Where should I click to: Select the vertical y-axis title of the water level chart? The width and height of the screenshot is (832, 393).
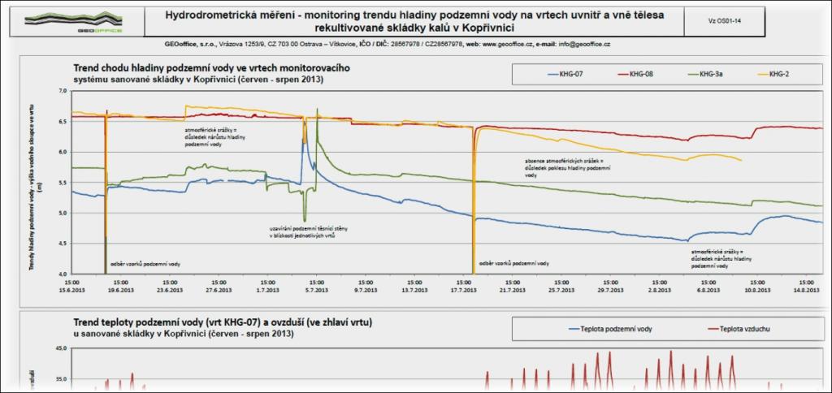pyautogui.click(x=35, y=198)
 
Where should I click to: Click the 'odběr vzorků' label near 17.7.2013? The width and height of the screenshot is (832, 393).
pyautogui.click(x=513, y=263)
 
